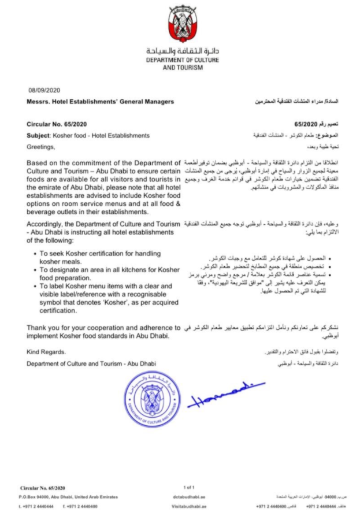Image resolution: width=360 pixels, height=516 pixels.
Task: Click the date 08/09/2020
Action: click(44, 90)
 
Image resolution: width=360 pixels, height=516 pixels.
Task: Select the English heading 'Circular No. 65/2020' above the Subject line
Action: click(57, 124)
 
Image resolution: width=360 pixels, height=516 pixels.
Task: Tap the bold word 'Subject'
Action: click(38, 136)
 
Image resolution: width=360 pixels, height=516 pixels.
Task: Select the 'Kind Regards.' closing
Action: click(46, 352)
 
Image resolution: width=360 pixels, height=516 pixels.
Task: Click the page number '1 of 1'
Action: click(189, 487)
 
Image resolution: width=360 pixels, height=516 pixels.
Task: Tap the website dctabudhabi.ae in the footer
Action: click(189, 496)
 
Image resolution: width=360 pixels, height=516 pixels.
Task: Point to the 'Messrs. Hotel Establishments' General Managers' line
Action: click(99, 102)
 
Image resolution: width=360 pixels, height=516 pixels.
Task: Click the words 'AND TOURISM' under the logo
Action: click(183, 68)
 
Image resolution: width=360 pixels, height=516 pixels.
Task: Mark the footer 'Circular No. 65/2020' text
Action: click(43, 488)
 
